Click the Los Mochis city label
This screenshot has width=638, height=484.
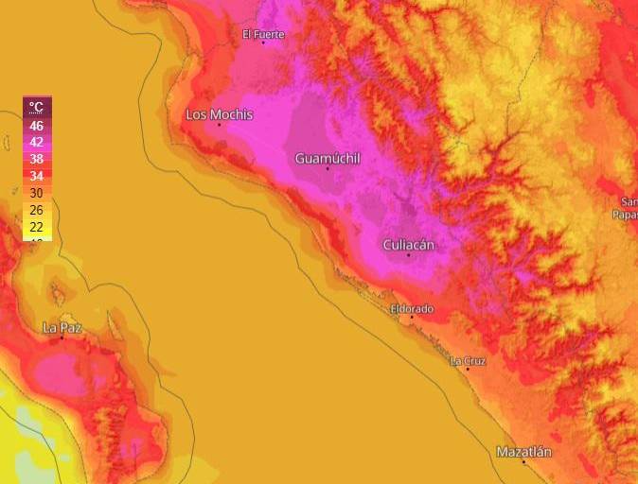click(x=219, y=114)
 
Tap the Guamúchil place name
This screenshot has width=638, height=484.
click(x=328, y=158)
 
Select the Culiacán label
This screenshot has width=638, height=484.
click(x=408, y=245)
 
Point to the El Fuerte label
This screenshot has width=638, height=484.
click(x=263, y=34)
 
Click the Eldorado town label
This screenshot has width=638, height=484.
click(x=412, y=308)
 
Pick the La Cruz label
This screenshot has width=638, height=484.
click(x=468, y=360)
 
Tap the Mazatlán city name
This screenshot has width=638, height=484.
click(x=523, y=452)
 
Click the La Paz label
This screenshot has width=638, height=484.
click(x=62, y=327)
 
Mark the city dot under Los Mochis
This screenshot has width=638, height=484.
click(x=219, y=125)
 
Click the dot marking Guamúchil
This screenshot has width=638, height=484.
click(x=328, y=168)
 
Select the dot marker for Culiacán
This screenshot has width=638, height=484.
click(x=409, y=255)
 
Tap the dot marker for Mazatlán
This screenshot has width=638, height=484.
click(x=523, y=461)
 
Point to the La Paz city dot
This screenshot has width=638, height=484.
click(x=62, y=337)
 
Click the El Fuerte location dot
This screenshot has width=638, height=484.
click(x=263, y=43)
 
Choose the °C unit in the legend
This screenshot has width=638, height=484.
click(x=37, y=107)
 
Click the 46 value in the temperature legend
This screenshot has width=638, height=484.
click(x=37, y=125)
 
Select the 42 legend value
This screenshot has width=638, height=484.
click(x=37, y=142)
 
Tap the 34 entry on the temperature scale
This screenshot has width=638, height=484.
click(x=37, y=176)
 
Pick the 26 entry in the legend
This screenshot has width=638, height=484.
click(x=37, y=210)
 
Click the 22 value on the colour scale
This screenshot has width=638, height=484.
click(x=37, y=227)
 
